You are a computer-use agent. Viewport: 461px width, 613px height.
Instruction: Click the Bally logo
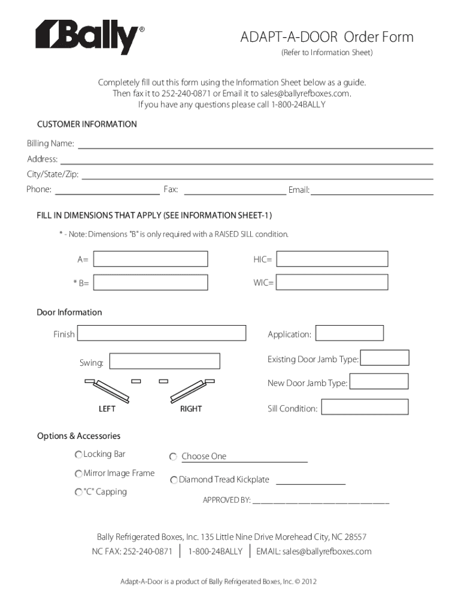pyautogui.click(x=89, y=37)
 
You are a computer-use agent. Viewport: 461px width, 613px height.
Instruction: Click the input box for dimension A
pyautogui.click(x=151, y=259)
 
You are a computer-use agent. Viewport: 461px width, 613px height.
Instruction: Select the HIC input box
pyautogui.click(x=332, y=259)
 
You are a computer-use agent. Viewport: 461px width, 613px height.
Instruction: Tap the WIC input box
pyautogui.click(x=332, y=282)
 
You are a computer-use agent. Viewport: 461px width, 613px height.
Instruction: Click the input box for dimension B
pyautogui.click(x=151, y=283)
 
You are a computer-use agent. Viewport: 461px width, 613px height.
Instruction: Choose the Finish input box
pyautogui.click(x=161, y=333)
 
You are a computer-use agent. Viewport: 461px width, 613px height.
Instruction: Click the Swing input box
pyautogui.click(x=165, y=362)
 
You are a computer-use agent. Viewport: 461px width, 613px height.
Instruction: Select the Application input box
pyautogui.click(x=349, y=333)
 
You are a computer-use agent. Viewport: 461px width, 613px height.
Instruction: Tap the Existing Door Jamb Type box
pyautogui.click(x=384, y=358)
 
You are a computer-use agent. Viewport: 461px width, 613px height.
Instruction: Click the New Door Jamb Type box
pyautogui.click(x=378, y=382)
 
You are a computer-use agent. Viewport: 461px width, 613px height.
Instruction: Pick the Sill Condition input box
pyautogui.click(x=364, y=408)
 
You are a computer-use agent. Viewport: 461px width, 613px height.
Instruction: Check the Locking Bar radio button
pyautogui.click(x=78, y=455)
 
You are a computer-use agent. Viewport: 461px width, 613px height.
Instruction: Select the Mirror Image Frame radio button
pyautogui.click(x=78, y=474)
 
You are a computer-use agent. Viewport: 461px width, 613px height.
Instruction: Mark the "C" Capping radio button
pyautogui.click(x=78, y=493)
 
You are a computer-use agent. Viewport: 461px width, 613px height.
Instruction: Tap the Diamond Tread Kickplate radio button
pyautogui.click(x=174, y=480)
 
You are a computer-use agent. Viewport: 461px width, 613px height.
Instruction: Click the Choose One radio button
pyautogui.click(x=173, y=457)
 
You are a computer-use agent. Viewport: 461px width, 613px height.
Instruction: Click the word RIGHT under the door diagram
pyautogui.click(x=191, y=409)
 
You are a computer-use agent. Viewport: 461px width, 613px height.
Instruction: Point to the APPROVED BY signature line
pyautogui.click(x=321, y=500)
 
